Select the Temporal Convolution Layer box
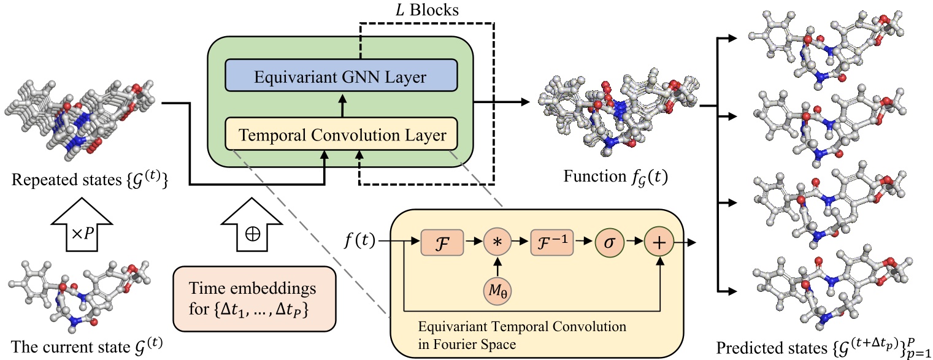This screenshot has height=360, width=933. coord(342,134)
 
